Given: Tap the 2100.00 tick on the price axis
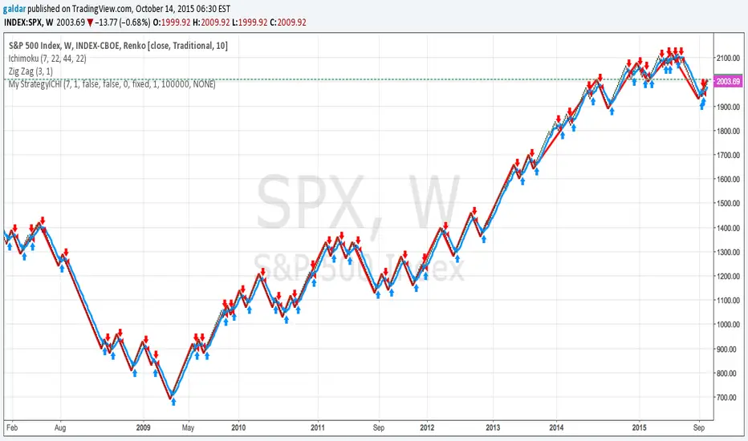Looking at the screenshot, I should click(x=729, y=59).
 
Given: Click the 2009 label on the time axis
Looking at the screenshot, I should click(x=144, y=427).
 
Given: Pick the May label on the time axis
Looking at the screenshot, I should click(x=187, y=427).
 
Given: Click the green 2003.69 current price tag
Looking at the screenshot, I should click(x=730, y=82).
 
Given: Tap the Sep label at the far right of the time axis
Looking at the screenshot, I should click(x=701, y=427).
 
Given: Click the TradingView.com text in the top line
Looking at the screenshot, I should click(x=108, y=8).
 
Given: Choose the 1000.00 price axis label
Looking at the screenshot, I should click(x=729, y=325).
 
